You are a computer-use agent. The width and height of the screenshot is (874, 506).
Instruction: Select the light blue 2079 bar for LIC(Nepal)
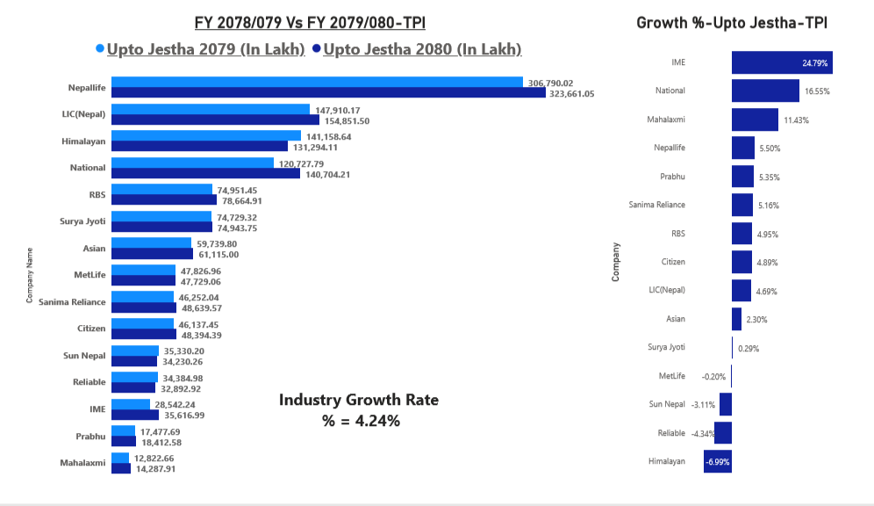coord(211,110)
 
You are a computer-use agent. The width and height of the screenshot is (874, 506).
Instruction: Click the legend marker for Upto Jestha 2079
coord(99,49)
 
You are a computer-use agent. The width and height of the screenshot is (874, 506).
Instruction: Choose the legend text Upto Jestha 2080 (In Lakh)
coord(422,49)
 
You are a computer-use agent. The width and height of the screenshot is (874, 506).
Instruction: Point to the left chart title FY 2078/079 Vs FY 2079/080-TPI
coord(316,22)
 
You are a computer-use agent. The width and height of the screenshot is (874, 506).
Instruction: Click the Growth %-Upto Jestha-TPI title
coord(732,22)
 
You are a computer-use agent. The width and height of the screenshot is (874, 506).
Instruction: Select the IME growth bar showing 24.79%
coord(781,63)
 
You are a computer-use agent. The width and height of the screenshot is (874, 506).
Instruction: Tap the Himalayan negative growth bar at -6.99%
coord(717,461)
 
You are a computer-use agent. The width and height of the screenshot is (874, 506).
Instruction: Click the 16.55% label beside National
coord(816,91)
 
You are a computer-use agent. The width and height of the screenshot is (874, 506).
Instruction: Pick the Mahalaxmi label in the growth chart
coord(667,119)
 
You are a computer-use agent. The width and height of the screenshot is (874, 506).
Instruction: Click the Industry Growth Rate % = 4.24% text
coord(358,409)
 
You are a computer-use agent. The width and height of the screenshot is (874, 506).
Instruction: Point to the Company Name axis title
coord(30,275)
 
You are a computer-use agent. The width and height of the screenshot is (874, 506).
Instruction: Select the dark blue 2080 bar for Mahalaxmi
coord(121,468)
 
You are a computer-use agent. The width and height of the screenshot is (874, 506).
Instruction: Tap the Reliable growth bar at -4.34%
coord(723,433)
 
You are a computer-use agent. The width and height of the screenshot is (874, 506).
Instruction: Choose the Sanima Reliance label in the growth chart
coord(657,205)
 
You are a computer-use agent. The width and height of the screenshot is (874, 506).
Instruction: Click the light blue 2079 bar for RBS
coord(161,190)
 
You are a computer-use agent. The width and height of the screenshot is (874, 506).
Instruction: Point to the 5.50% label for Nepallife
coord(770,148)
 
